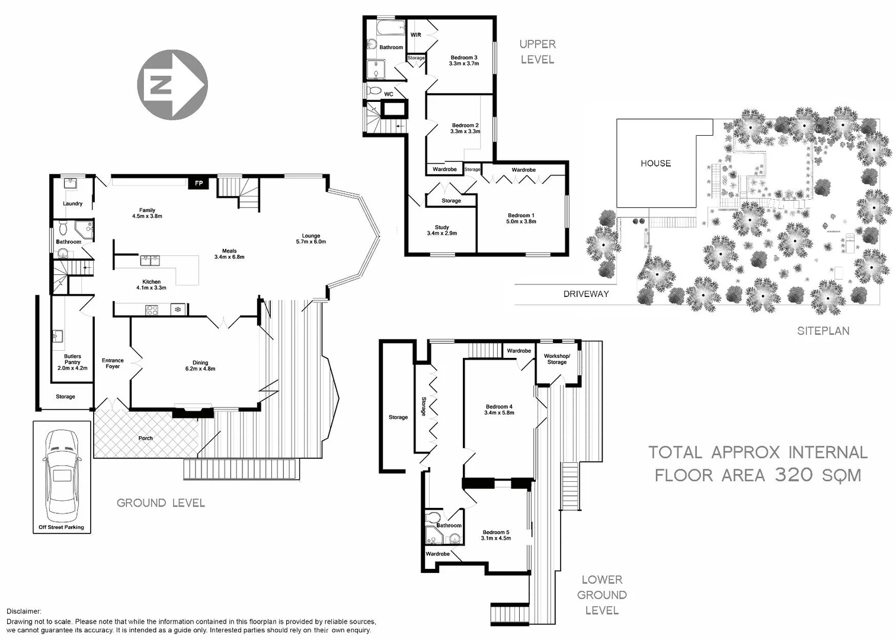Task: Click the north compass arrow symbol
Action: click(172, 84)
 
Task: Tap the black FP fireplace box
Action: click(199, 183)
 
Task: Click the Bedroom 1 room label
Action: click(521, 218)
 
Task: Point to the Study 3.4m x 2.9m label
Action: click(441, 230)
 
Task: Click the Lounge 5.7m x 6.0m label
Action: click(311, 238)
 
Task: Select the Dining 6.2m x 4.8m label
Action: click(200, 366)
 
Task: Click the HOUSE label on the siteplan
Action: click(655, 163)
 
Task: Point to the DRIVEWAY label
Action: click(585, 293)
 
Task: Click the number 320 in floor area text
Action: click(793, 475)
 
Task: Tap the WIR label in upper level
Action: click(415, 35)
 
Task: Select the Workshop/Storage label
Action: click(556, 359)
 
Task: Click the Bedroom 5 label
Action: click(496, 535)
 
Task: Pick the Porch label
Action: click(145, 438)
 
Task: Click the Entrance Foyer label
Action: click(113, 363)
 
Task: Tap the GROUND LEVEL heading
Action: click(161, 503)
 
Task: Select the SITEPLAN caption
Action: click(823, 331)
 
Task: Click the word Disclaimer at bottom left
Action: click(24, 611)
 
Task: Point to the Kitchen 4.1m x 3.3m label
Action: click(151, 284)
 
